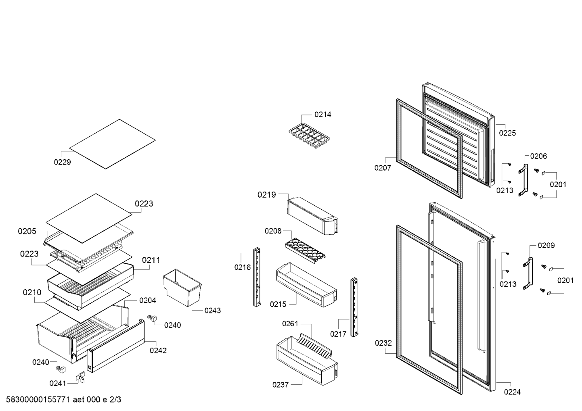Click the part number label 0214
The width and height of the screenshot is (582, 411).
coord(323,115)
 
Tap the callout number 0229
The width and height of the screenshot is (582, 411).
coord(62,162)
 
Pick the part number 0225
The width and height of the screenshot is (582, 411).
coord(507,133)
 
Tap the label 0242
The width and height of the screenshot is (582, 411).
coord(158,350)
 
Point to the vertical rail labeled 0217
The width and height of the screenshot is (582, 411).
coord(354,307)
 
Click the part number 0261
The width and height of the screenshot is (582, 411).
coord(290,323)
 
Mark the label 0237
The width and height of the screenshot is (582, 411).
coord(281,385)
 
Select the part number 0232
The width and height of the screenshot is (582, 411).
coord(383,343)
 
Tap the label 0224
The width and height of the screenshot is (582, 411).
coord(512,392)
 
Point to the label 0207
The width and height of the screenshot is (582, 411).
coord(383,168)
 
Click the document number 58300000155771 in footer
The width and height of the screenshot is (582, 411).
coord(37,400)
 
